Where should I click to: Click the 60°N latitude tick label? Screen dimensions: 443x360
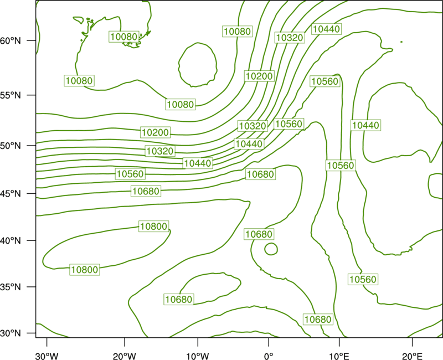[11, 40]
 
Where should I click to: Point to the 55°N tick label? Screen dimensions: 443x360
[11, 95]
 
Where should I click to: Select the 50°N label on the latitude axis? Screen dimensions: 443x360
[11, 146]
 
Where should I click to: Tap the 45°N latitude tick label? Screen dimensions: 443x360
[11, 193]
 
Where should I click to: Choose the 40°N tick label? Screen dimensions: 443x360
[11, 241]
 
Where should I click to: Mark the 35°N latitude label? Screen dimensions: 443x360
[11, 287]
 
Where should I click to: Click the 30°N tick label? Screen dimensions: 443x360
[11, 333]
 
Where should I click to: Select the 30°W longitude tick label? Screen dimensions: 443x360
[47, 356]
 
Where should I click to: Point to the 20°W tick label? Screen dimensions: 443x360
[124, 356]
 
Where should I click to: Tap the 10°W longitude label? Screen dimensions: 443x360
[198, 356]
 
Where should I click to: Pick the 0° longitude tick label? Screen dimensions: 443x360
[269, 356]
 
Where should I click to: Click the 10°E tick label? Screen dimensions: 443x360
[339, 356]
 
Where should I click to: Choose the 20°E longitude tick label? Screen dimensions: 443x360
[412, 356]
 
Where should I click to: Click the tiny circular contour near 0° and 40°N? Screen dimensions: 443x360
[265, 249]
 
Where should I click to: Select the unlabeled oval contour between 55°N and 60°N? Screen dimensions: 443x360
[179, 65]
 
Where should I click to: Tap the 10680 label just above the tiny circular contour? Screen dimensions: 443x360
[259, 234]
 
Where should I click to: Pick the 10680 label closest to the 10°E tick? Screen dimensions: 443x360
[318, 320]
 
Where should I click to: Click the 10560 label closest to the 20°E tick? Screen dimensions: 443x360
[363, 279]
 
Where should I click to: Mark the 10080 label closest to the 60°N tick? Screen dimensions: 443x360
[124, 37]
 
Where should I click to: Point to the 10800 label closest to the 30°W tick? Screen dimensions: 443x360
[85, 270]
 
